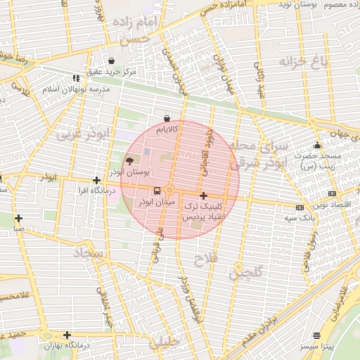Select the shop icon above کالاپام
tap(167, 118)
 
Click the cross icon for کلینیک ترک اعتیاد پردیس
tap(203, 195)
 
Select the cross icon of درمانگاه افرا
tap(96, 181)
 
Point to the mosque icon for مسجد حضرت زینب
tap(317, 146)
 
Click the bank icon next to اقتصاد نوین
tap(332, 193)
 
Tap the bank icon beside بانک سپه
tap(300, 207)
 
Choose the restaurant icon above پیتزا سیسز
tap(316, 336)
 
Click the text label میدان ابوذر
tap(154, 202)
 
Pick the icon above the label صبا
tap(19, 218)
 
